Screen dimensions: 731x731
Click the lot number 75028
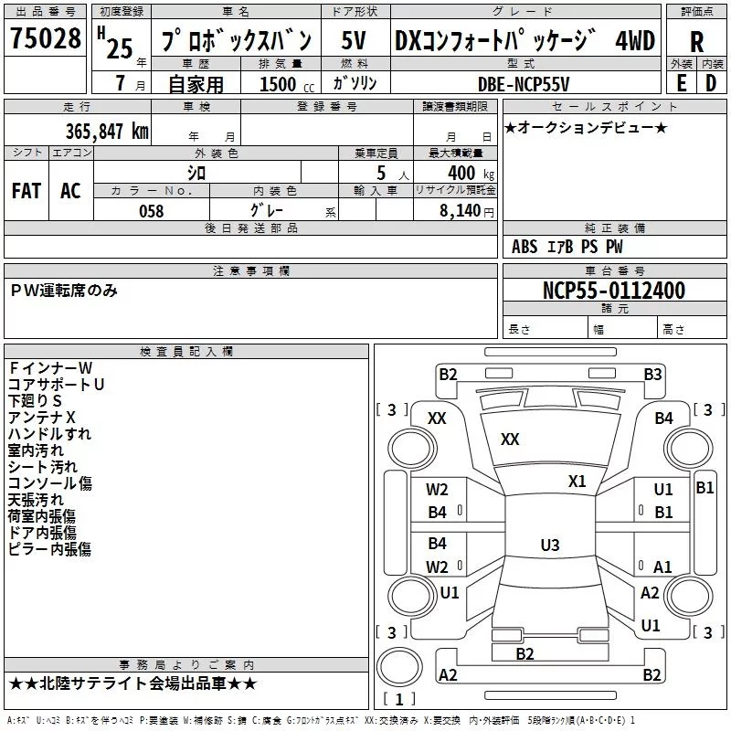(x=46, y=40)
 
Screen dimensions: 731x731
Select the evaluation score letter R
(x=696, y=42)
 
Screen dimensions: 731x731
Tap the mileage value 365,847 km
(x=107, y=130)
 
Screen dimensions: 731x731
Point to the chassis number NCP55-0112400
(x=614, y=291)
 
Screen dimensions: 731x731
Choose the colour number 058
(x=151, y=210)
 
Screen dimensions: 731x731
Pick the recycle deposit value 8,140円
(x=465, y=211)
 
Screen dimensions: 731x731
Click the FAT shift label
(x=26, y=190)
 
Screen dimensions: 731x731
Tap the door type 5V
(x=355, y=41)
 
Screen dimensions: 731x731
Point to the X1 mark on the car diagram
(x=577, y=482)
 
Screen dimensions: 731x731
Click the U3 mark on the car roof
(x=549, y=546)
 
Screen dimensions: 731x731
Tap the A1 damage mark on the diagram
(x=662, y=567)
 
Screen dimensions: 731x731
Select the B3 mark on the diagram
(x=652, y=374)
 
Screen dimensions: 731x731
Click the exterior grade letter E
(x=681, y=83)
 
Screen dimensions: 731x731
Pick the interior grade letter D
(x=711, y=83)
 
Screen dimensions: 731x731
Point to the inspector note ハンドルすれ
(x=49, y=434)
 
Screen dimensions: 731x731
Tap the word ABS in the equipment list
(x=524, y=247)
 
